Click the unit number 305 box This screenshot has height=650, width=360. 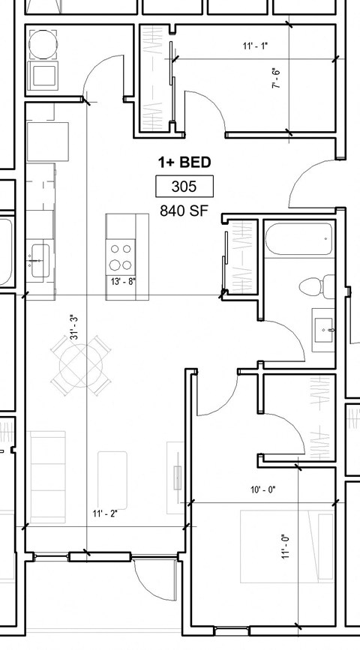[184, 186]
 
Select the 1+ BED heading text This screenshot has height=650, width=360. [184, 162]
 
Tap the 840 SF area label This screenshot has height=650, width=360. [184, 211]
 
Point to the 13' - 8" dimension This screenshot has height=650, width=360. [123, 282]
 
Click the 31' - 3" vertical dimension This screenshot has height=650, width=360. [74, 328]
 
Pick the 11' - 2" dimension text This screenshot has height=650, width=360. [105, 514]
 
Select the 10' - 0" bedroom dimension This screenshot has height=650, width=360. [262, 490]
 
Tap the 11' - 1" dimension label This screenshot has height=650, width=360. [255, 46]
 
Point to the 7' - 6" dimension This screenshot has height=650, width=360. [276, 79]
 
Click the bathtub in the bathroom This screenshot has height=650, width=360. [298, 239]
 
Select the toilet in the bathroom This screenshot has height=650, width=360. [316, 286]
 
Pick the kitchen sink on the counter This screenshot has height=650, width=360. [39, 258]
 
